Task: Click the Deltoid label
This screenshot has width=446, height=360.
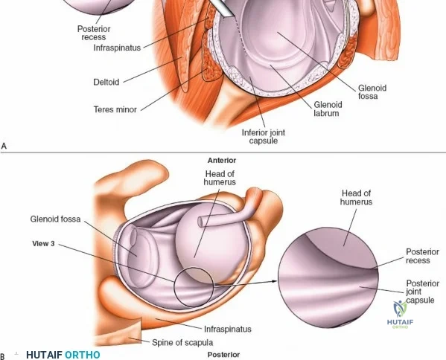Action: [x=106, y=83]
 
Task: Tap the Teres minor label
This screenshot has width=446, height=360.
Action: [x=115, y=109]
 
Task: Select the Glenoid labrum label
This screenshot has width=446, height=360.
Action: [x=328, y=109]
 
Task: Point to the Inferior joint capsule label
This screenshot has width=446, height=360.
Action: [x=264, y=136]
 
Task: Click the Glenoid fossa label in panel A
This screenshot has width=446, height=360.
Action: [x=372, y=92]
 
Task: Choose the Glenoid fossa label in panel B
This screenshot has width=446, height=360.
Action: [x=55, y=219]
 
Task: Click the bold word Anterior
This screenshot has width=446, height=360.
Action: [x=222, y=161]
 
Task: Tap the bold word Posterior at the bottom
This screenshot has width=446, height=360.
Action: [x=223, y=355]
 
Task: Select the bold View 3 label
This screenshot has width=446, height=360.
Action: [x=43, y=243]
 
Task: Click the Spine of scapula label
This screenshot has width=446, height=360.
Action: [x=182, y=342]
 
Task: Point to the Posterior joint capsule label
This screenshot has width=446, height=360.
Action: [x=420, y=292]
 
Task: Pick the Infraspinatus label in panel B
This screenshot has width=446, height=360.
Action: [x=228, y=329]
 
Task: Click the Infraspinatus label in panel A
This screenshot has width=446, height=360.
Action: [x=117, y=48]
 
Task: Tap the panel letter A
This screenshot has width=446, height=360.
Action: [x=4, y=146]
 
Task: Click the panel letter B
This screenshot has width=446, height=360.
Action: [x=2, y=356]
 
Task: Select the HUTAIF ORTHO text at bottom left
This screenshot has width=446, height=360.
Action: [x=63, y=355]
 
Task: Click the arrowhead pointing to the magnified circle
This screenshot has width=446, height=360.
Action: [x=274, y=281]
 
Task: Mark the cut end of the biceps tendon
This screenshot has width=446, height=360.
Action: [x=200, y=222]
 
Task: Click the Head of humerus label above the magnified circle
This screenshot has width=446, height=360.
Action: [x=356, y=197]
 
